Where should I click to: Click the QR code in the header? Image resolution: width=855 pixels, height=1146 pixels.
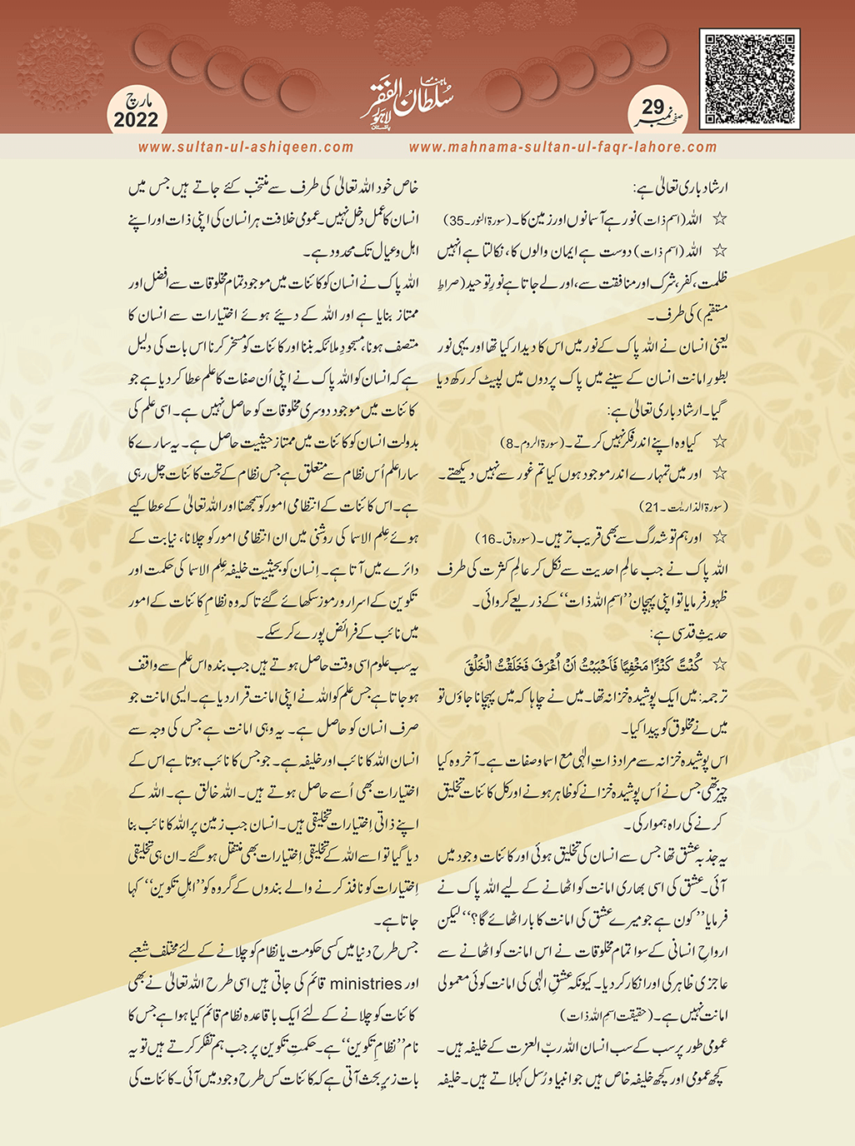(750, 79)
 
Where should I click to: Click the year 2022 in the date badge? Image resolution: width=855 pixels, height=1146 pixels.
(136, 120)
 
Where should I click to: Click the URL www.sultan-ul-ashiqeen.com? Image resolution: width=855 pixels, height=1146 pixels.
(246, 147)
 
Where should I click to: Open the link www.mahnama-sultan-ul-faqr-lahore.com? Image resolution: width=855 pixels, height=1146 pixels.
(562, 147)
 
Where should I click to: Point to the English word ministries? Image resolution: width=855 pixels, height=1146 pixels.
(366, 984)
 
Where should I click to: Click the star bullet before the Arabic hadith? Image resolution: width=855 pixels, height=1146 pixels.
(721, 665)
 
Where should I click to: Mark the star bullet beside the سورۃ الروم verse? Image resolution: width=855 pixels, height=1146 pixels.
(721, 441)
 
